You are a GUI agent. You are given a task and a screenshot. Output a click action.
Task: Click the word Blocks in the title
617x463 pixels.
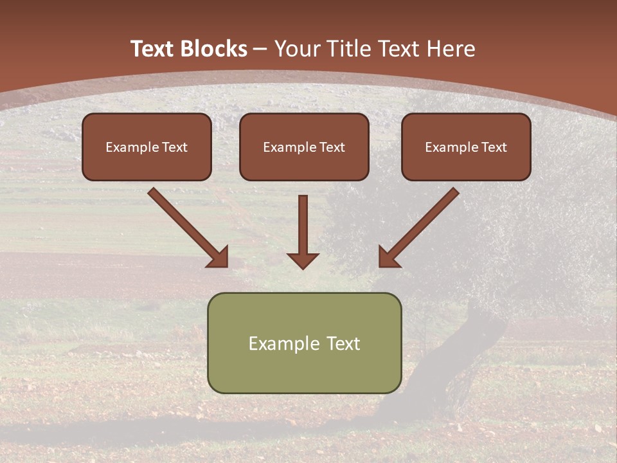click(x=215, y=49)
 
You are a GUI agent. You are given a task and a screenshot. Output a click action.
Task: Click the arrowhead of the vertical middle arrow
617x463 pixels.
click(x=303, y=260)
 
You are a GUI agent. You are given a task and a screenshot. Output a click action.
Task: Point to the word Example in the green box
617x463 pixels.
click(x=280, y=343)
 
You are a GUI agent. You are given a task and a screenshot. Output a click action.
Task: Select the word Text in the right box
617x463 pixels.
click(x=494, y=147)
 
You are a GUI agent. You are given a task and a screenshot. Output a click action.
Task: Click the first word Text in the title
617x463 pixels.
click(x=154, y=49)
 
